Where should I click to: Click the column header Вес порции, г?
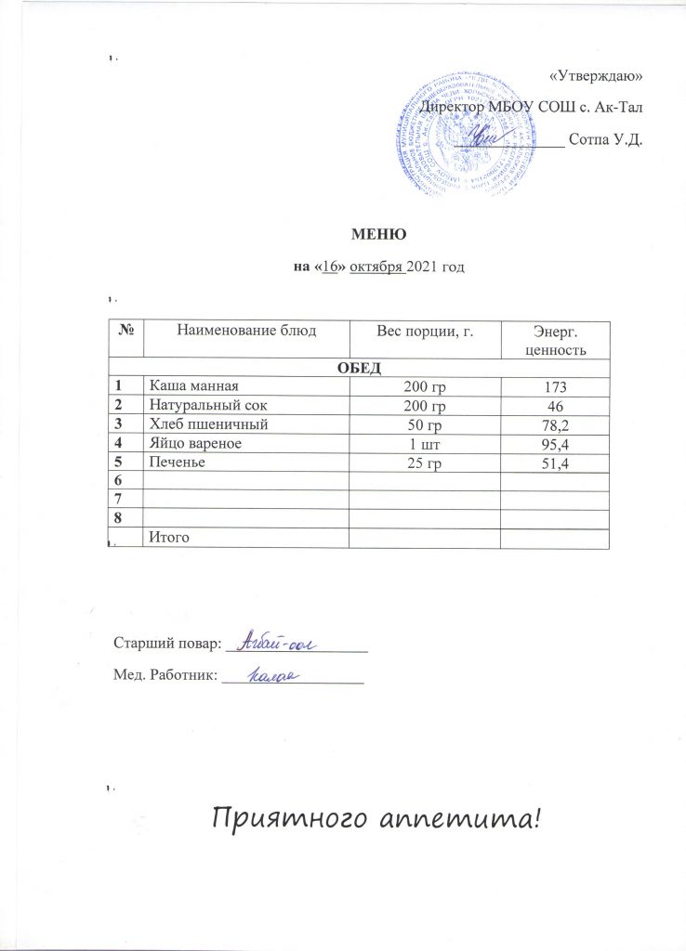pyautogui.click(x=423, y=331)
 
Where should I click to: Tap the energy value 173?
pyautogui.click(x=556, y=385)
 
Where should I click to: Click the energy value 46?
pyautogui.click(x=556, y=406)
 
